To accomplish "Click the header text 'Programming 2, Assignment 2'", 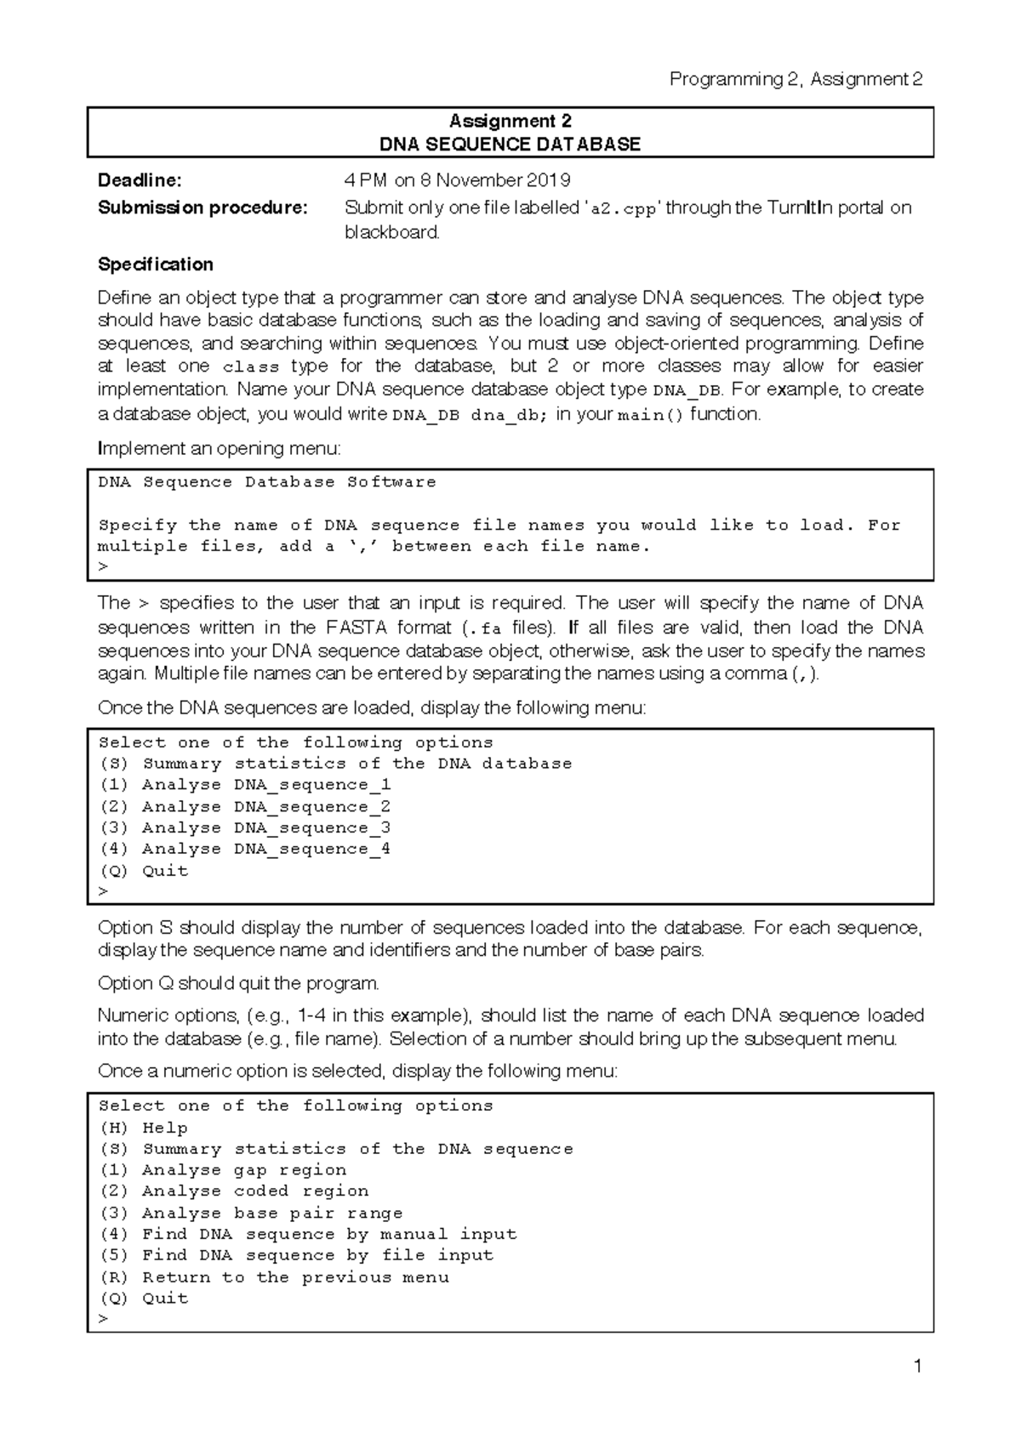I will click(796, 79).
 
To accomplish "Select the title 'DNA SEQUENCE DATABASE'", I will click(510, 144).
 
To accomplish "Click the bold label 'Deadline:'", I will click(140, 180).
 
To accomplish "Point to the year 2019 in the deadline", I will click(549, 180).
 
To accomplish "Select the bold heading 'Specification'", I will click(156, 264).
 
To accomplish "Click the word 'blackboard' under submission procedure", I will click(391, 232).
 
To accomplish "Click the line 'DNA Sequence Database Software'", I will click(267, 482).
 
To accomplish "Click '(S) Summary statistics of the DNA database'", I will click(335, 764).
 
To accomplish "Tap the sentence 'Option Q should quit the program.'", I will click(238, 983).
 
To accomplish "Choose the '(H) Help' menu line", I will click(143, 1128).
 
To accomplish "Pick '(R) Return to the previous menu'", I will click(274, 1277).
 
